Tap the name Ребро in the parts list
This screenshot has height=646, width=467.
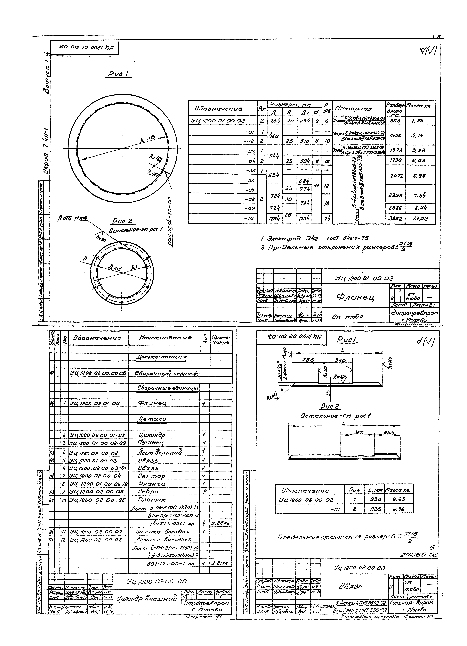148,491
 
